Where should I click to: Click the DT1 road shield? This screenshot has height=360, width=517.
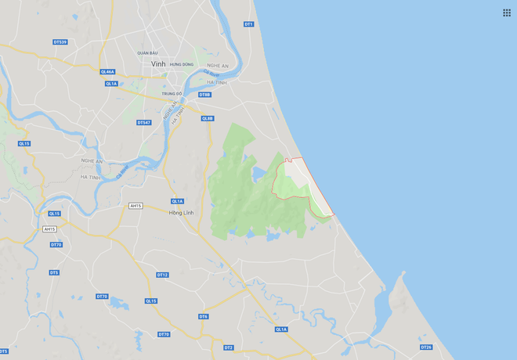[x=248, y=24]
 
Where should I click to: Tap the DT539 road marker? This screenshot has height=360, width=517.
[x=60, y=41]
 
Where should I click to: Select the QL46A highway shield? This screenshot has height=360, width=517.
[x=108, y=71]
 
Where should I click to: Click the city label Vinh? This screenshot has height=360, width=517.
[x=158, y=63]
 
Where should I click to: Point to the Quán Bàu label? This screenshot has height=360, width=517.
[x=147, y=52]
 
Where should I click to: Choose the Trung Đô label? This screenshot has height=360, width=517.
[x=172, y=94]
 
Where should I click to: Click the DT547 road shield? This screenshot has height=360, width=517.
[x=143, y=122]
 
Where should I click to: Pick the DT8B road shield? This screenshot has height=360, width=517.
[x=204, y=95]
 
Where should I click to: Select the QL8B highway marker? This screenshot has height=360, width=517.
[x=207, y=118]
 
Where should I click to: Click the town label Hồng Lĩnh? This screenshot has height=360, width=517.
[x=181, y=213]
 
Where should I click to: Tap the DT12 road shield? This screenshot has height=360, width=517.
[x=162, y=275]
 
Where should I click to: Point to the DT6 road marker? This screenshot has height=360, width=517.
[x=203, y=316]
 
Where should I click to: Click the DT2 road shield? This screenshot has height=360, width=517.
[x=229, y=347]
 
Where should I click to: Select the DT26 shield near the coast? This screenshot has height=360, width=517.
[x=426, y=347]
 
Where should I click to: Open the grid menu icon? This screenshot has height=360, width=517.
[x=506, y=13]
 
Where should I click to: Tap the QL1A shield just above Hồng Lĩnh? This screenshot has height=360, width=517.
[x=178, y=201]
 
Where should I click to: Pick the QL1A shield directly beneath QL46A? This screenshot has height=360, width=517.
[x=110, y=84]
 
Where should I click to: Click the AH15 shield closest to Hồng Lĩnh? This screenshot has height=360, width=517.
[x=136, y=205]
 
